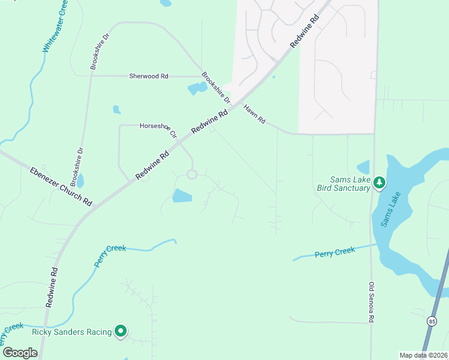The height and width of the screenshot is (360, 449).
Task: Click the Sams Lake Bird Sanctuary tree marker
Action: [379, 182]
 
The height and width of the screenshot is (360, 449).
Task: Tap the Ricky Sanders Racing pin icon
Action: [121, 331]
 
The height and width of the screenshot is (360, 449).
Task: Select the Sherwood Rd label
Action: [149, 76]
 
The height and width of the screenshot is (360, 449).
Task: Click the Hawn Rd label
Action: [255, 114]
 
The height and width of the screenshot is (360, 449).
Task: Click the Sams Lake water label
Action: [388, 209]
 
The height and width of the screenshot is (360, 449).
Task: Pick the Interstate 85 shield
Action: [433, 339]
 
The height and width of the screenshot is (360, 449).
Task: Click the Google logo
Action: [20, 353]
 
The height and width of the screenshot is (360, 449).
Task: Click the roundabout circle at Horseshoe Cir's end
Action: [192, 175]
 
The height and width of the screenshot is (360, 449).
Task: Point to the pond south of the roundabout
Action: [182, 196]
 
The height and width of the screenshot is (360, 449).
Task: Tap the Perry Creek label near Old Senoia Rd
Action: [335, 253]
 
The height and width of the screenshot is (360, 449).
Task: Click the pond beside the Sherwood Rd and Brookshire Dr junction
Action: [197, 89]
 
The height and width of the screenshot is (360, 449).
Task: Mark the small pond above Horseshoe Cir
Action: [116, 110]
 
